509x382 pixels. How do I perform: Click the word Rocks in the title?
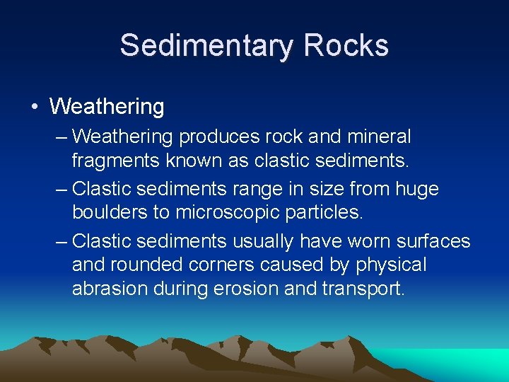tap(346, 46)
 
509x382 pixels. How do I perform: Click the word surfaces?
tap(438, 242)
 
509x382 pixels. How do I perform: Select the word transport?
tap(362, 289)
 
